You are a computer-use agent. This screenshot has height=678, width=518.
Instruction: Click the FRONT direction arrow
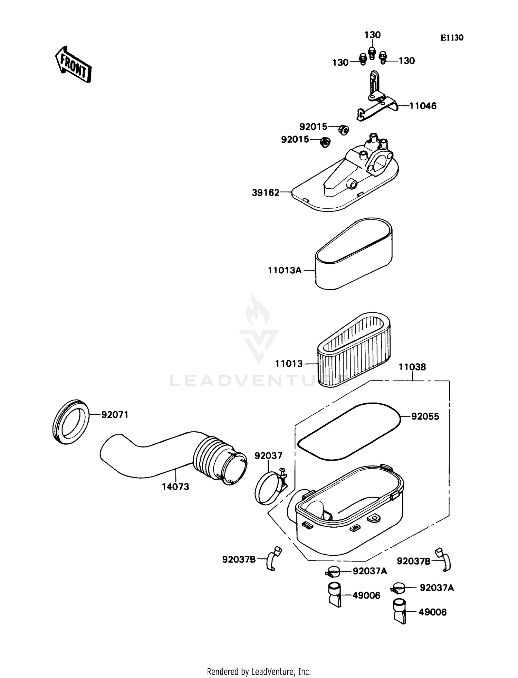click(x=74, y=65)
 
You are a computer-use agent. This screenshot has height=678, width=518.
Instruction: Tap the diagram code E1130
click(x=451, y=38)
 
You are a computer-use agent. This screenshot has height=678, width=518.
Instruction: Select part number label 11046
click(x=423, y=106)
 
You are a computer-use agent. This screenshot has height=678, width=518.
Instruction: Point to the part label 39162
click(x=266, y=193)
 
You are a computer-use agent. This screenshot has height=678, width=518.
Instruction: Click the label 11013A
click(x=285, y=270)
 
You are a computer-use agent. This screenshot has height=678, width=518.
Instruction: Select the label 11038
click(x=412, y=367)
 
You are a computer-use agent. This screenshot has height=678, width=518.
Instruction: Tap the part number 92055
click(x=425, y=416)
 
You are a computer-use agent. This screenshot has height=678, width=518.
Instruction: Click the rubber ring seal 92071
click(x=71, y=422)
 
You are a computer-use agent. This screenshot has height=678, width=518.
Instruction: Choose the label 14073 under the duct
click(x=175, y=487)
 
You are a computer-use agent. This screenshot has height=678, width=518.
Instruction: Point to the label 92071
click(x=115, y=415)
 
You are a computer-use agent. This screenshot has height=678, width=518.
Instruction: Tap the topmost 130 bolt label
click(x=373, y=35)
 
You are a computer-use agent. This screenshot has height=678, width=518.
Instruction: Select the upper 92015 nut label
click(x=313, y=127)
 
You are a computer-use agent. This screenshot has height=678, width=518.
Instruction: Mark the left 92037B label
click(x=239, y=559)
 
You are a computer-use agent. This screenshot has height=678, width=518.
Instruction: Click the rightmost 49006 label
click(x=433, y=612)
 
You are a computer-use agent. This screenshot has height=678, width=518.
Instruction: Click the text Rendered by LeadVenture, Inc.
click(x=259, y=671)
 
